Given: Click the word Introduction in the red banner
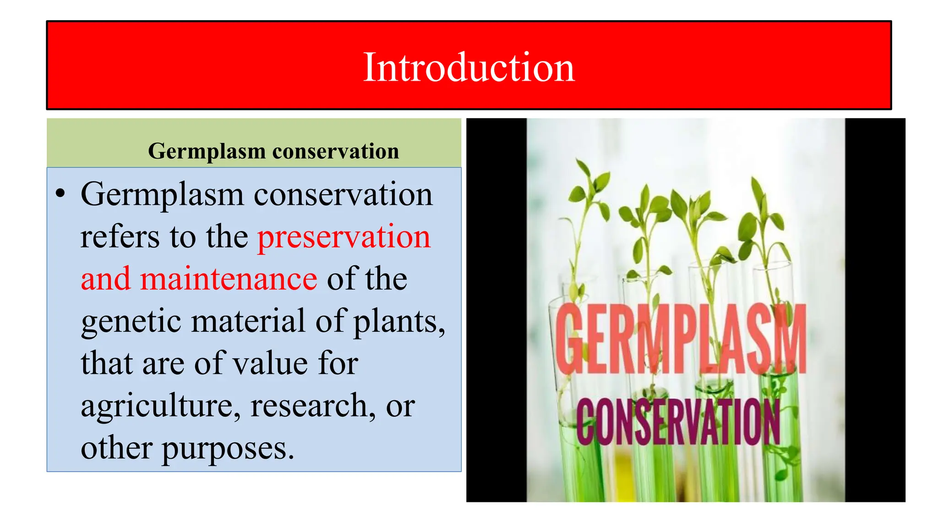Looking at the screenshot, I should pos(469,67).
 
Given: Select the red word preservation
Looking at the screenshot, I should pos(344,237).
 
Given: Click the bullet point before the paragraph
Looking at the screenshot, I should pos(60,194).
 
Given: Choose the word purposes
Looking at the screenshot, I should pos(227,449).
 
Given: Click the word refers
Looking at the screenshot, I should pos(120,237).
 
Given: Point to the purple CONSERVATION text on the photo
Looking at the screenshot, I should pos(678,422).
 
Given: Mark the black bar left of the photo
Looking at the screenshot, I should pos(496,310).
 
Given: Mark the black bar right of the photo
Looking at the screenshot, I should pos(875,310).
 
